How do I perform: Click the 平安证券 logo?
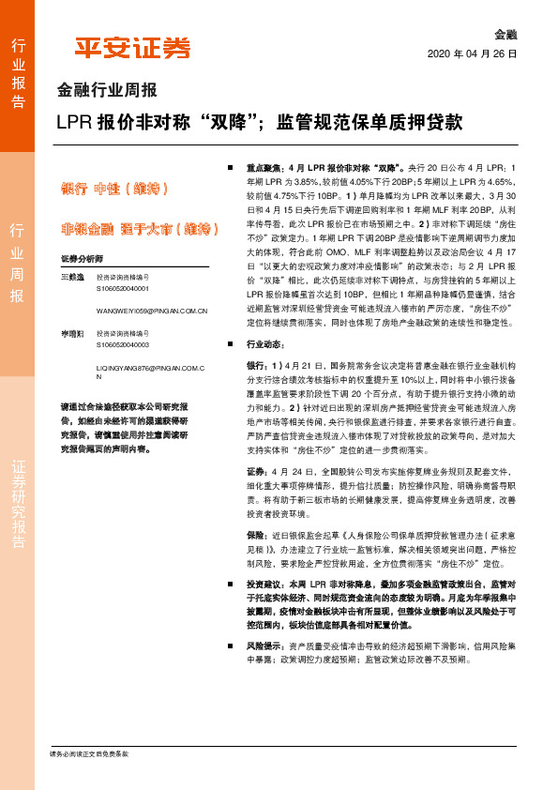132,48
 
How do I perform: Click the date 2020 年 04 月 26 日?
472,54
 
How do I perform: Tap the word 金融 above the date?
505,35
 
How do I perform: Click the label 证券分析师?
82,257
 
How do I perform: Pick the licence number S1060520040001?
123,289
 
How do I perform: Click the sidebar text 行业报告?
18,73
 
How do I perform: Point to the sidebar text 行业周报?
18,262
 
